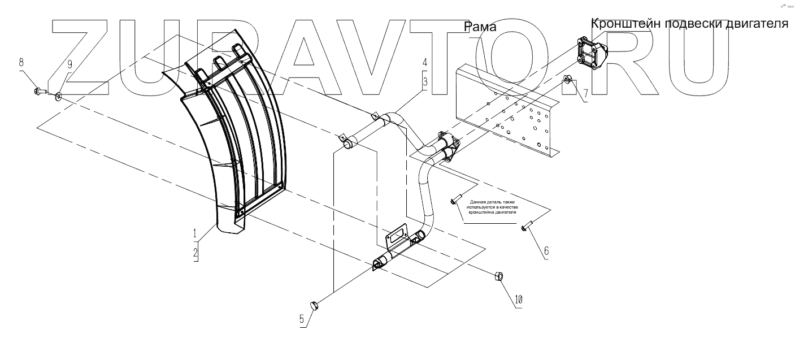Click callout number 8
[21, 60]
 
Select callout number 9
[69, 64]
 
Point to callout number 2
[196, 253]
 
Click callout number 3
[424, 81]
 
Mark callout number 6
[546, 250]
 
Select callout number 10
[519, 299]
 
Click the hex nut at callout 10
[499, 276]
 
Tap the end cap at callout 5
[315, 306]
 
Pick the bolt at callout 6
[527, 227]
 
